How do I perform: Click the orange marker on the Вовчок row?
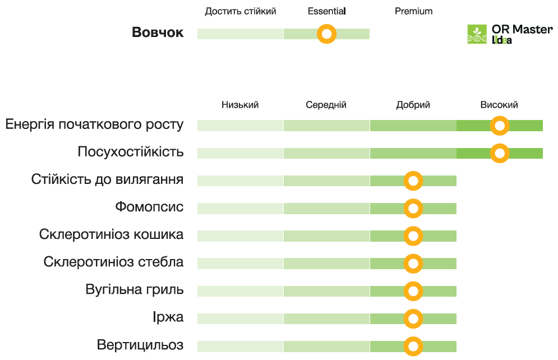(x=326, y=34)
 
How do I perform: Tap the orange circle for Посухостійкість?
(x=500, y=153)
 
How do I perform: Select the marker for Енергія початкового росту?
(x=500, y=126)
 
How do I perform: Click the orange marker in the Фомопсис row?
(x=413, y=209)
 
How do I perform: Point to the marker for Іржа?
(x=413, y=319)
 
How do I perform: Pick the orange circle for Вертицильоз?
(x=413, y=346)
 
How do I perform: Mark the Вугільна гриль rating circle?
(x=413, y=291)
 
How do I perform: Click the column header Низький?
(x=240, y=105)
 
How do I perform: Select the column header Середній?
(x=326, y=105)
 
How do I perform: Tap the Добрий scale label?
(x=413, y=105)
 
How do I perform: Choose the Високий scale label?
(x=499, y=105)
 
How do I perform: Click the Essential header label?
(x=327, y=11)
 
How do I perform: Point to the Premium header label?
(x=414, y=11)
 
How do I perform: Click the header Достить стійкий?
(x=241, y=11)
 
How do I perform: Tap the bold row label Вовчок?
(x=158, y=33)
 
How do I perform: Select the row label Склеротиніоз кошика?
(x=111, y=234)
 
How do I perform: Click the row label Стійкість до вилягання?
(x=108, y=179)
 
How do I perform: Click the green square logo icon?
(x=477, y=34)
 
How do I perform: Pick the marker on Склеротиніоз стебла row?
(x=413, y=264)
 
